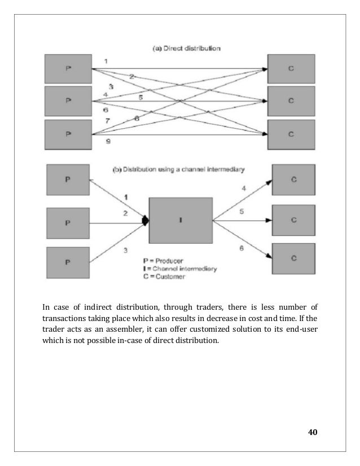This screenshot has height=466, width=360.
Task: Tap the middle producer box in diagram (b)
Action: (x=69, y=223)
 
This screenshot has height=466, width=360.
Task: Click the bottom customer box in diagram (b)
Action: (x=293, y=257)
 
